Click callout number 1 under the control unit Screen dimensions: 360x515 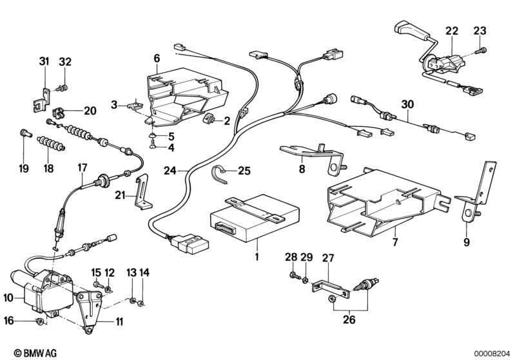point(256,258)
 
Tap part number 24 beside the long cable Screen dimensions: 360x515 point(169,171)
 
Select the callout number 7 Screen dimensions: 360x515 point(394,242)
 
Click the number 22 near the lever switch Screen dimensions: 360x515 point(451,31)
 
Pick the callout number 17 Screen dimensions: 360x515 point(82,167)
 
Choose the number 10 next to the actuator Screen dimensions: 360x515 point(8,298)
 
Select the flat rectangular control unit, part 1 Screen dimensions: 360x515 point(253,216)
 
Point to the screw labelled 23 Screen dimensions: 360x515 point(480,50)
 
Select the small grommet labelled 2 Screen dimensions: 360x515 point(209,120)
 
